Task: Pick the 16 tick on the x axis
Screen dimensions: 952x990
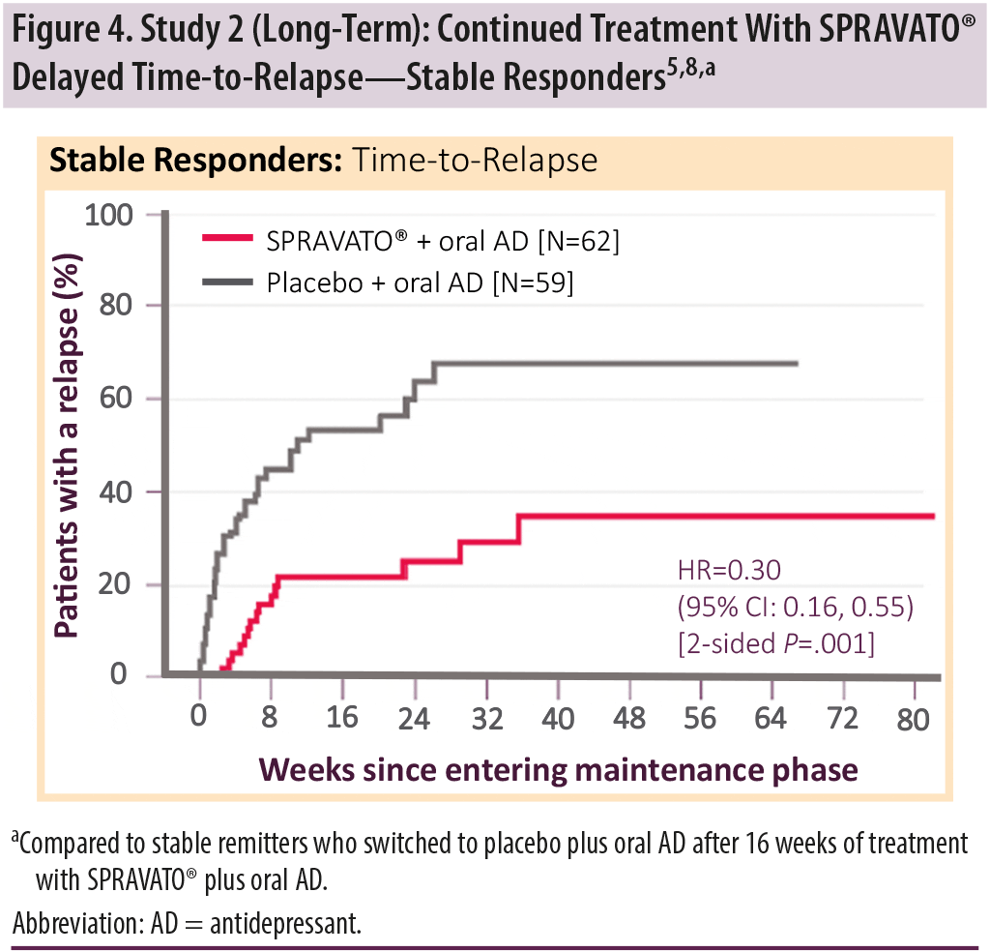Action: click(342, 718)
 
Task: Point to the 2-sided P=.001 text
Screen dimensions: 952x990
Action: click(776, 640)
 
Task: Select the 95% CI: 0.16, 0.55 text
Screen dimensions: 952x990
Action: click(795, 606)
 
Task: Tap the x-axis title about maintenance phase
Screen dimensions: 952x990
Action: click(558, 769)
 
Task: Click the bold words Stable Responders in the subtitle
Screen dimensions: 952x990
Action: click(196, 160)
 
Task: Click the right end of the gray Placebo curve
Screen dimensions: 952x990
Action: click(797, 364)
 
